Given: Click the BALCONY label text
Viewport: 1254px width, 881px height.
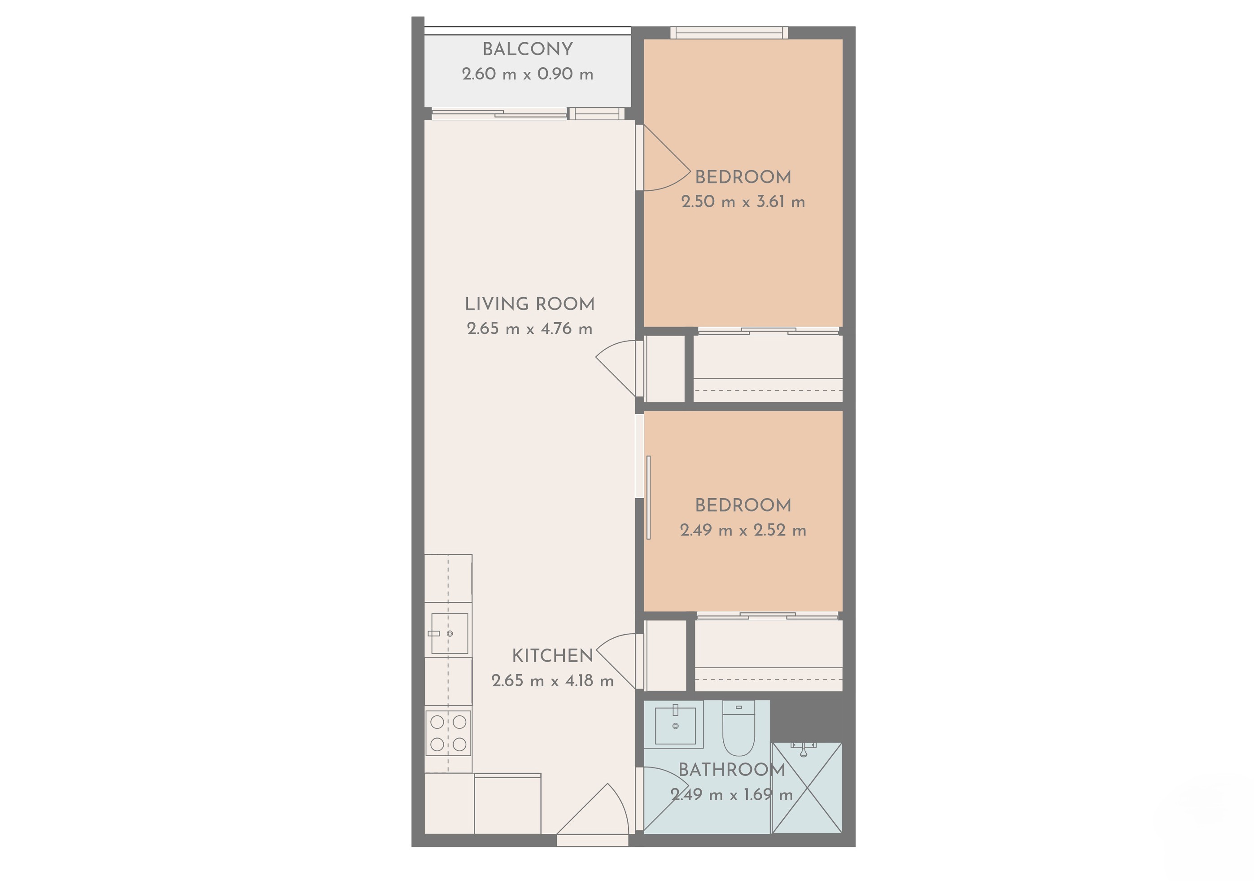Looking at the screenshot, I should coord(528,49).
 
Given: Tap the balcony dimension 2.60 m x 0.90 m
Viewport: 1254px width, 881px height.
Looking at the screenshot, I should coord(528,74).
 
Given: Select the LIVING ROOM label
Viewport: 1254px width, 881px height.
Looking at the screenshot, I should coord(529,304).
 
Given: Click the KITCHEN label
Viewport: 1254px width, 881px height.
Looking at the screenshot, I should coord(552,655).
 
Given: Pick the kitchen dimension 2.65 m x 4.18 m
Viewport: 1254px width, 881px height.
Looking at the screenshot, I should coord(552,680).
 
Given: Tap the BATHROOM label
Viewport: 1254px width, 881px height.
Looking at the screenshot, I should coord(731,770).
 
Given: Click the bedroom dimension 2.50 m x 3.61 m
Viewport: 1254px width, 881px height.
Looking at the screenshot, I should coord(743,202).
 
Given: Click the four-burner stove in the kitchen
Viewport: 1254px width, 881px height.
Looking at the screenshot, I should coord(448,733).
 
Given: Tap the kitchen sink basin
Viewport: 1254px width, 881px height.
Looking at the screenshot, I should coord(450,634).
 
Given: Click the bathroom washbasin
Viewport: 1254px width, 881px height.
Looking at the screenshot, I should coord(675,725).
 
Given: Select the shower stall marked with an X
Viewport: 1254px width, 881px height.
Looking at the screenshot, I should coord(807,788).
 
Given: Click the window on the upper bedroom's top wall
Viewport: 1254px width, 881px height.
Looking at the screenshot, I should coord(729,33).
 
